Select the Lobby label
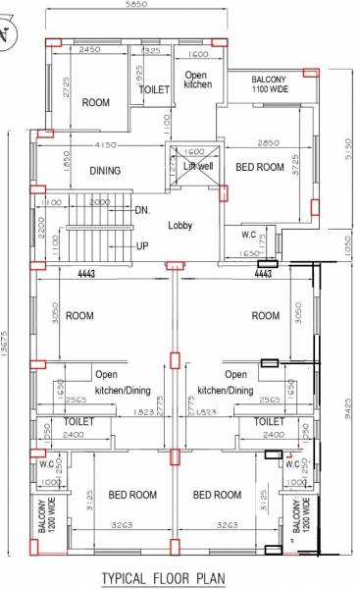pos(180,225)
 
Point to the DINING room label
pos(105,171)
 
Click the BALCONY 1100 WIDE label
pos(270,84)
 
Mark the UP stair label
pos(141,245)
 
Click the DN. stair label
pos(141,209)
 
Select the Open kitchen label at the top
pos(197,80)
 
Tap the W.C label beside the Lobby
pos(249,235)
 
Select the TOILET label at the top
pos(155,89)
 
